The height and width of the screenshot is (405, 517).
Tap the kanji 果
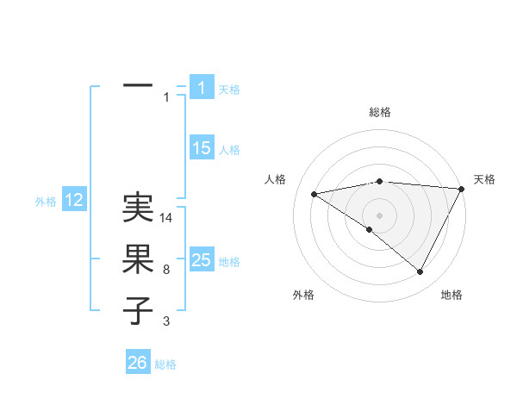coord(138,259)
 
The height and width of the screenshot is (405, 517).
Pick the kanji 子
coord(138,309)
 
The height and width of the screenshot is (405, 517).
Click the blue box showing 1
coord(202,87)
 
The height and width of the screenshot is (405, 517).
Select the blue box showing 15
coord(202,148)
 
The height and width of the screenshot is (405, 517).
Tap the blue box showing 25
coord(202,259)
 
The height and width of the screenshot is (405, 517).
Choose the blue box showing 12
coord(74,201)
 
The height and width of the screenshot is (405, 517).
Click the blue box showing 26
coord(138,363)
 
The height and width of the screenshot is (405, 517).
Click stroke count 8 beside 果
coord(166,270)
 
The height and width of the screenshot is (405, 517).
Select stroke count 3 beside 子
coord(166,321)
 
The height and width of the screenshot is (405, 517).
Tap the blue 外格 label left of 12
coord(46,202)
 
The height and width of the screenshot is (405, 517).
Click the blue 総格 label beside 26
coord(165,364)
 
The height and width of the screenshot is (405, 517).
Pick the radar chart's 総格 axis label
coord(379,112)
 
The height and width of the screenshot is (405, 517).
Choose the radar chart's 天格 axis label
coord(484,179)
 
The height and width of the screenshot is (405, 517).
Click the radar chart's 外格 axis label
coord(303,295)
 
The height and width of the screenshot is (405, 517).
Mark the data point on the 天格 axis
coord(462,189)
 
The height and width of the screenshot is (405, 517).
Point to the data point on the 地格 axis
coord(420,272)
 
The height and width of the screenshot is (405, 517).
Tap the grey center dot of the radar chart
coord(379,215)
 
